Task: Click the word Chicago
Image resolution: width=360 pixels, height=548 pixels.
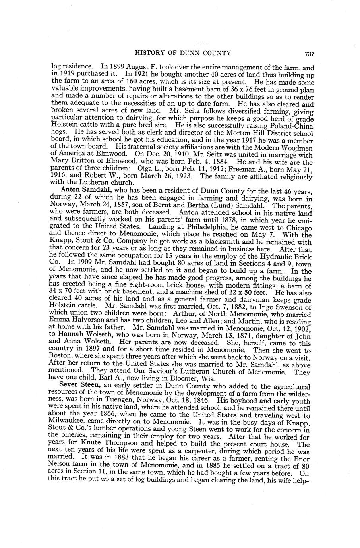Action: coord(297,227)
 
